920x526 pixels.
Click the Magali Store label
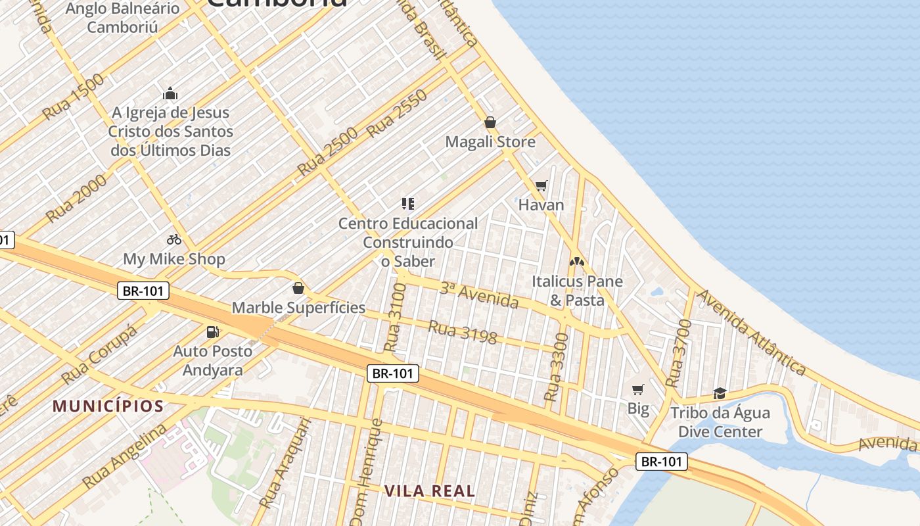point(490,142)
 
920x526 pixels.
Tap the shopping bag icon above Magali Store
point(490,122)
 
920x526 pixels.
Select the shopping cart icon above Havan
point(541,186)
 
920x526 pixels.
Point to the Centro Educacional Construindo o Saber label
point(408,242)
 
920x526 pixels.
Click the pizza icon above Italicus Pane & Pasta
point(576,262)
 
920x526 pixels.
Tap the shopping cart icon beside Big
point(637,390)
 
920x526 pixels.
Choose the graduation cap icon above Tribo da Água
point(720,394)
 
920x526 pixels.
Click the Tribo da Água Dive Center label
point(720,423)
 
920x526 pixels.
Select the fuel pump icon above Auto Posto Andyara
point(212,332)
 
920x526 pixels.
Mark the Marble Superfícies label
point(298,307)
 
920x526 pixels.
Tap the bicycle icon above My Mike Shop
point(174,240)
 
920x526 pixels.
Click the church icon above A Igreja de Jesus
point(170,93)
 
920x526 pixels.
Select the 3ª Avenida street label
point(479,295)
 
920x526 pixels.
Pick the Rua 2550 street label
point(397,113)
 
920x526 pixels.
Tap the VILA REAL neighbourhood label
point(429,490)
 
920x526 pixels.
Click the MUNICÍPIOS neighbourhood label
point(108,406)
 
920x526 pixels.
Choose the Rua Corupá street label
point(99,355)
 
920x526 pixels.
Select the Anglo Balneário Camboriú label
point(123,18)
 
